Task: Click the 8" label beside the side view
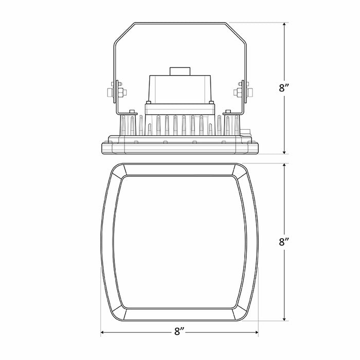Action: pos(284,88)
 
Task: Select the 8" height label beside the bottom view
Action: pos(284,242)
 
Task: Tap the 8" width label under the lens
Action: pos(179,332)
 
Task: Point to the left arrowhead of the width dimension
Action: pos(103,332)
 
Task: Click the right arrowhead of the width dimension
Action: pos(256,332)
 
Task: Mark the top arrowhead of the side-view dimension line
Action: pos(284,25)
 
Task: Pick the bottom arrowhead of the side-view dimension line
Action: pos(284,152)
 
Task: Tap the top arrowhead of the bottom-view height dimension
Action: pos(284,166)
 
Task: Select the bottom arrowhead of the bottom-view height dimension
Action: pos(284,318)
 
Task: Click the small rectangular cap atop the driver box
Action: pos(180,71)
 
